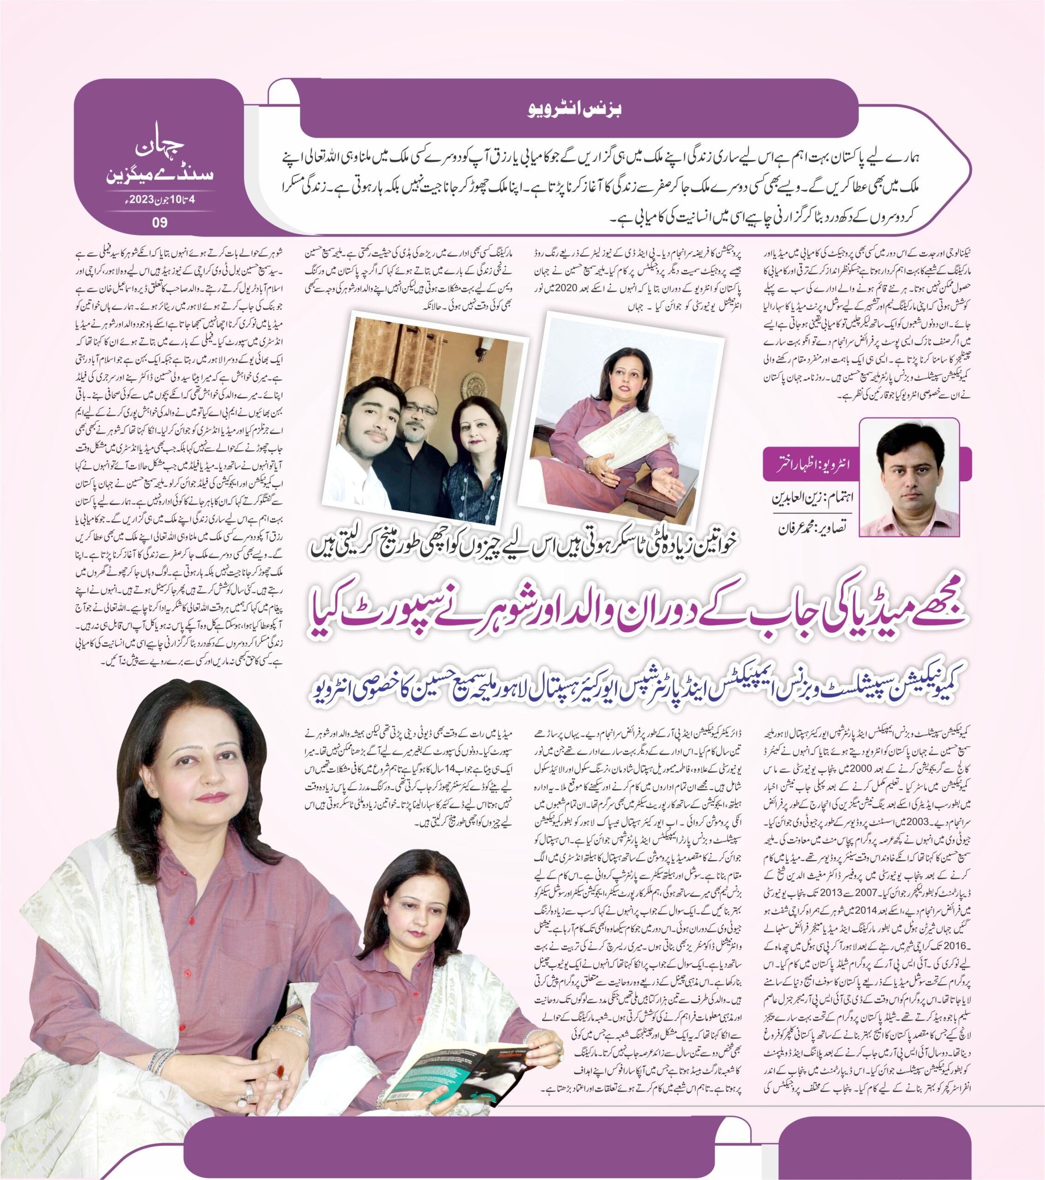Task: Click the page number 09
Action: [x=159, y=222]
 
